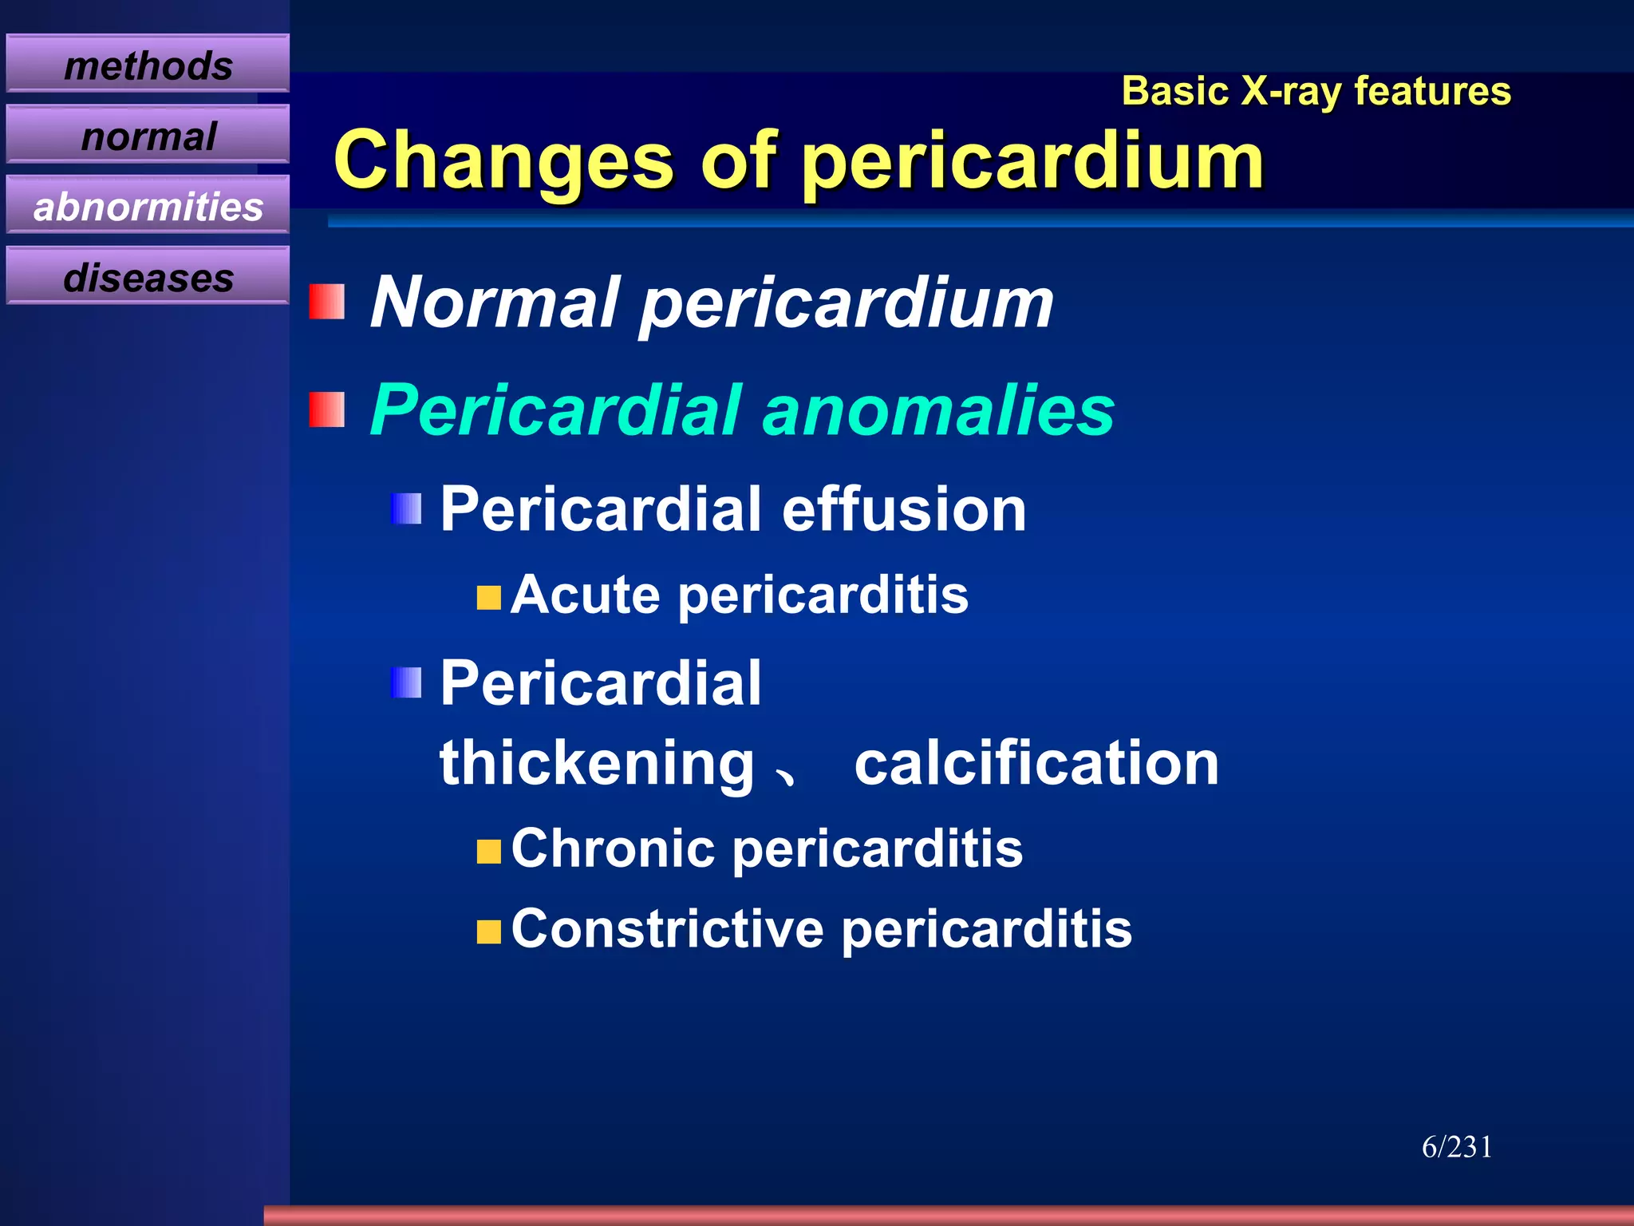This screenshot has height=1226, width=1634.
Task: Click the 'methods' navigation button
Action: [148, 64]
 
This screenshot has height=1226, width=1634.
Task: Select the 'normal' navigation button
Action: [148, 135]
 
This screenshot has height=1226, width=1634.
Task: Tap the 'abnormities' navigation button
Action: [148, 206]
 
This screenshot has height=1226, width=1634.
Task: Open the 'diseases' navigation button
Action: [148, 277]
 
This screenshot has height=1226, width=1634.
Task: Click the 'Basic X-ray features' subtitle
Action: [1316, 91]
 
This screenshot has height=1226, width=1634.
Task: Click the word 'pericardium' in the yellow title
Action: [1033, 162]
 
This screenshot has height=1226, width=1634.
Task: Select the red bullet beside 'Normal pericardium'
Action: [326, 302]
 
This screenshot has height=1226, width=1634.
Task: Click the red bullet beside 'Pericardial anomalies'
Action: [326, 409]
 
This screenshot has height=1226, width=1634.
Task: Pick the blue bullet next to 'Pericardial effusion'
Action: [406, 508]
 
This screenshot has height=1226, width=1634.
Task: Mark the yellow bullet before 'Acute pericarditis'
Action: [488, 597]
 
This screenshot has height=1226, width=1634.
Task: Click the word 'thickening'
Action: [597, 765]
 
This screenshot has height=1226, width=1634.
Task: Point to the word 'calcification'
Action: [1036, 763]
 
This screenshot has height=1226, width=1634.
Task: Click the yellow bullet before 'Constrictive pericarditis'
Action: [488, 931]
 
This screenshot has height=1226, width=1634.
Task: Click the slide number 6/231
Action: [1457, 1147]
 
